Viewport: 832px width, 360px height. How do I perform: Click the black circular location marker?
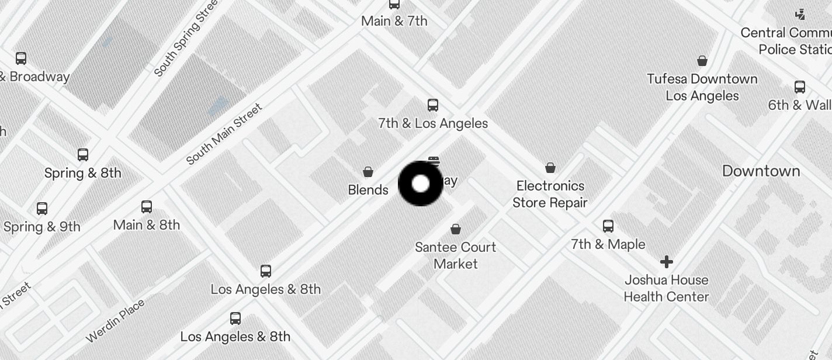pos(420,184)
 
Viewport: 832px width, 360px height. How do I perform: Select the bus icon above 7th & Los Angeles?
pos(433,105)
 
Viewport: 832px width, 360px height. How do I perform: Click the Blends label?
pos(368,190)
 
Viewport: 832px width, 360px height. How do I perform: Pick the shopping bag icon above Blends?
pos(368,171)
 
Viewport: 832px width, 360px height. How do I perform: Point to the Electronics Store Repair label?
pos(550,194)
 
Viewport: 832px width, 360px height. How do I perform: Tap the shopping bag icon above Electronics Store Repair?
pos(550,168)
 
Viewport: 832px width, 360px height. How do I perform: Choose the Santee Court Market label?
pos(456,255)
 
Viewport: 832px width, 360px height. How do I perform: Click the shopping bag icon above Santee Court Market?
pos(456,229)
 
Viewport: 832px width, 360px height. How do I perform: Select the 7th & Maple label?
pos(608,244)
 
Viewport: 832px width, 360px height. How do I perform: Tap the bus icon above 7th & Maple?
pos(608,226)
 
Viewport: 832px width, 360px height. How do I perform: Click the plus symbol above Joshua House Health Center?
pos(667,261)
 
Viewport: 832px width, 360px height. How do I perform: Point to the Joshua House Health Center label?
pos(667,288)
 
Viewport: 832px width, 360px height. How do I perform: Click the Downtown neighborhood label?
pos(761,171)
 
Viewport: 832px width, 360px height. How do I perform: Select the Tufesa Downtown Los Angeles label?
pos(702,87)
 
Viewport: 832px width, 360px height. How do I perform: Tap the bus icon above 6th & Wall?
pos(800,88)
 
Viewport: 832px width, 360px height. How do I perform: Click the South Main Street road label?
pos(224,134)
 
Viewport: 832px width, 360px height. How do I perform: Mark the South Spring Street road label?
pos(186,38)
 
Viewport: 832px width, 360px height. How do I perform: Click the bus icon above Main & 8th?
pos(147,207)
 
